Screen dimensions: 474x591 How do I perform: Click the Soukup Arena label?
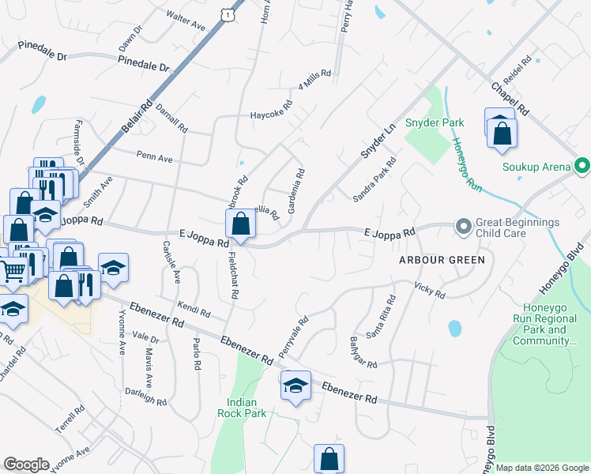click(x=536, y=167)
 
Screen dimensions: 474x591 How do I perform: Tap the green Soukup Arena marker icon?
click(x=582, y=167)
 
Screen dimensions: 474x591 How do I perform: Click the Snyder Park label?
click(x=435, y=122)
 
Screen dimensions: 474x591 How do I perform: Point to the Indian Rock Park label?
click(x=243, y=407)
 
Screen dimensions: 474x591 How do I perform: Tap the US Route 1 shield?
click(x=228, y=14)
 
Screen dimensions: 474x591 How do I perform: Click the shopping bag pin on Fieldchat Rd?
click(x=241, y=224)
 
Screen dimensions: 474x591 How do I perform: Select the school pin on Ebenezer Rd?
click(x=295, y=386)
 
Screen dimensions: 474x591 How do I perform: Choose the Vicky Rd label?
click(x=431, y=292)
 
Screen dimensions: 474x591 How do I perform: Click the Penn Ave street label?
click(x=154, y=158)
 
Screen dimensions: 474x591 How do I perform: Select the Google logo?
click(x=26, y=465)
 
